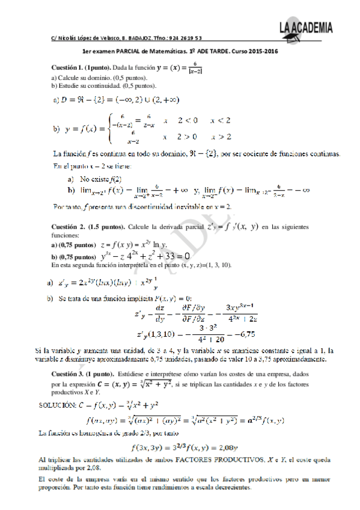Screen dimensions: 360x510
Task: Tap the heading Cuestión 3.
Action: pos(75,373)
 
